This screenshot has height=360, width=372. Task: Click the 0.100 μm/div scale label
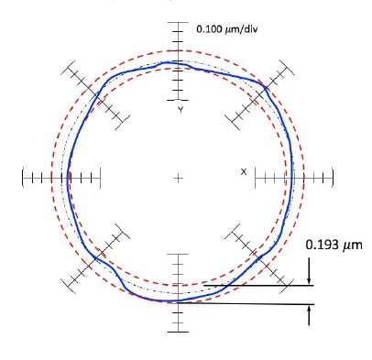point(226,29)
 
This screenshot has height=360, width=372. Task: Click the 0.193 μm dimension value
point(334,245)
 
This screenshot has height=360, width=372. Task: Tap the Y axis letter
point(181,110)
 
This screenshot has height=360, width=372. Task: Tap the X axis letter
point(244,172)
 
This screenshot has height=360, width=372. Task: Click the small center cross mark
point(178,178)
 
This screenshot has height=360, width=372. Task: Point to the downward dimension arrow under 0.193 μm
point(309,271)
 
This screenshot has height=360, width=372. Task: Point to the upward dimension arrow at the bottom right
point(309,315)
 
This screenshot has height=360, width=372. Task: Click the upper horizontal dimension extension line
point(258,286)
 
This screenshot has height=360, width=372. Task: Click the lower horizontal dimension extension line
point(246,304)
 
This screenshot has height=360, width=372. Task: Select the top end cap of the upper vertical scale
point(178,22)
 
